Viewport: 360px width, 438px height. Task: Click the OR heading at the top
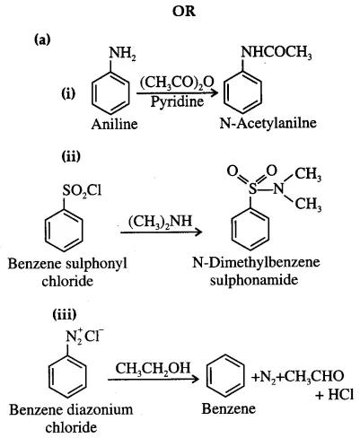[x=184, y=12]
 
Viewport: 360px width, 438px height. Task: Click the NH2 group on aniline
[x=122, y=54]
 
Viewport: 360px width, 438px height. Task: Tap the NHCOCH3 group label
[x=277, y=53]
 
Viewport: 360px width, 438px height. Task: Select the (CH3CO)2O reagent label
[x=177, y=83]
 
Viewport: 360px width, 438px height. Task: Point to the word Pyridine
[x=177, y=101]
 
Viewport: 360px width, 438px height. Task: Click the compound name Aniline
[x=114, y=124]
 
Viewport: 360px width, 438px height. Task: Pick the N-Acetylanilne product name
[x=268, y=123]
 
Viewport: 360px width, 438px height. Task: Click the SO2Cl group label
[x=82, y=190]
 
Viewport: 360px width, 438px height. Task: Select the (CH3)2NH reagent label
[x=161, y=222]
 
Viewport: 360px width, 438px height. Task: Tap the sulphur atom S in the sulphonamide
[x=253, y=188]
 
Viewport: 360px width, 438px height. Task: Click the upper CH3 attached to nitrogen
[x=308, y=174]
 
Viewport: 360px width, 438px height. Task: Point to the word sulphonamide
[x=254, y=280]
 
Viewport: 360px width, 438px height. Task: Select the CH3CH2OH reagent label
[x=153, y=369]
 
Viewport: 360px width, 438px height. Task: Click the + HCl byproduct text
[x=334, y=395]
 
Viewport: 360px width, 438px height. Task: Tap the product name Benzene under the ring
[x=229, y=408]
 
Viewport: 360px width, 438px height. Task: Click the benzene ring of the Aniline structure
[x=110, y=93]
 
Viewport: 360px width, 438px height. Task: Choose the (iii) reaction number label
[x=65, y=314]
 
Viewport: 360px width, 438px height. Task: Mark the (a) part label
[x=42, y=39]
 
